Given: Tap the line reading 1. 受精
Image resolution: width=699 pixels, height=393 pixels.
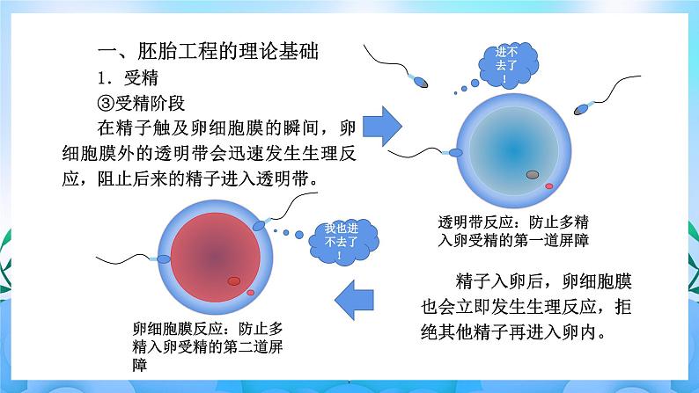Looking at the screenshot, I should coord(129,76).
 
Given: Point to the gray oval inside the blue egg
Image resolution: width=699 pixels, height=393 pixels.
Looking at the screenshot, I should coord(533,174).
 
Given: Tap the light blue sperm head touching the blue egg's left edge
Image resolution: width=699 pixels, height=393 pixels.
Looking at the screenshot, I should coord(457,153).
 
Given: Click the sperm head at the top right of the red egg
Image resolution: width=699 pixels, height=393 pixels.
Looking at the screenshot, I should coord(259,225).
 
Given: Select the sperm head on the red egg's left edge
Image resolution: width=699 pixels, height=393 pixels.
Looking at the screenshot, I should coord(161,259).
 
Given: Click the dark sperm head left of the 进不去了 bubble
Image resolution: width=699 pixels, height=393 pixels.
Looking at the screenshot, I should coord(422,84).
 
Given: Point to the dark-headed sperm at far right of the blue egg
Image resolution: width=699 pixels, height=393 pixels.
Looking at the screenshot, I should coord(581,110).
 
